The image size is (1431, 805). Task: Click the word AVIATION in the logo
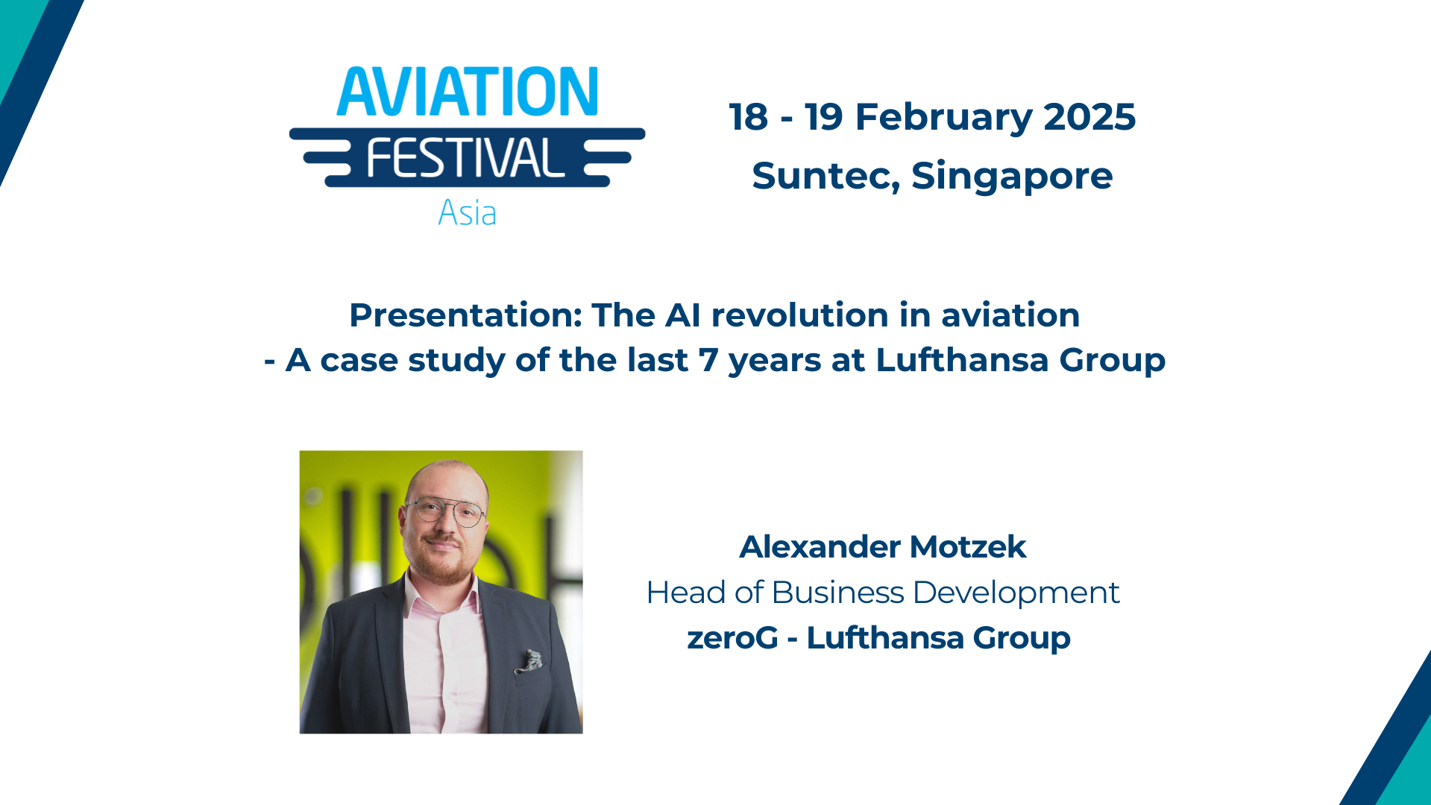[468, 92]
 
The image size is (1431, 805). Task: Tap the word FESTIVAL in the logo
[466, 158]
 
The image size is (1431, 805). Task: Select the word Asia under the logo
[467, 213]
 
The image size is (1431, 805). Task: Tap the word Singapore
[1012, 177]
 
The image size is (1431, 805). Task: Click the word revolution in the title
[800, 315]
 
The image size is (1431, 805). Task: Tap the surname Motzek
[968, 547]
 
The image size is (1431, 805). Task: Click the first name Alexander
[820, 547]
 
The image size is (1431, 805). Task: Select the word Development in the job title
[1016, 593]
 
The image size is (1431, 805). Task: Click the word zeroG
[732, 638]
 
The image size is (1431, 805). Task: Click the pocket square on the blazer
[530, 660]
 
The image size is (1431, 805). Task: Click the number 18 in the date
[748, 117]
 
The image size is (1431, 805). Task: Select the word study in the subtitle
[456, 362]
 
